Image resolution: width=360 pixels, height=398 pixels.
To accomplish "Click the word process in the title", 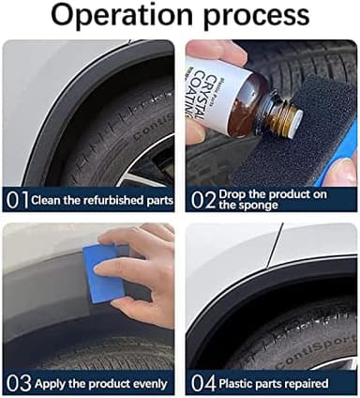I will pyautogui.click(x=262, y=16).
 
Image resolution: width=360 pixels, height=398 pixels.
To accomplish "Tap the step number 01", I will pyautogui.click(x=17, y=200).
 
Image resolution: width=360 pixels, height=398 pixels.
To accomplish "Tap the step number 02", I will pyautogui.click(x=202, y=200).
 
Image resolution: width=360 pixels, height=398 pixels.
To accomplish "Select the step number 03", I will pyautogui.click(x=17, y=383).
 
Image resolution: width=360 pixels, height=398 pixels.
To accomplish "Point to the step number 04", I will pyautogui.click(x=202, y=383).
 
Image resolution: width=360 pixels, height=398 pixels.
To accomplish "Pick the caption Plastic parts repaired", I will pyautogui.click(x=274, y=384).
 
